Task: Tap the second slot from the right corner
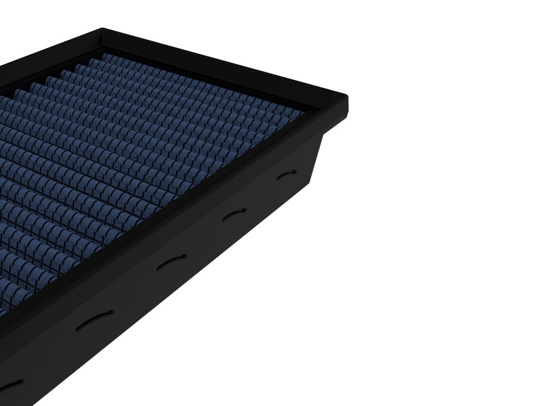tap(234, 215)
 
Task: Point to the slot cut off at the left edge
tap(9, 384)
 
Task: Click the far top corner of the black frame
tap(103, 30)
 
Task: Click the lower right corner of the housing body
tap(308, 187)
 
